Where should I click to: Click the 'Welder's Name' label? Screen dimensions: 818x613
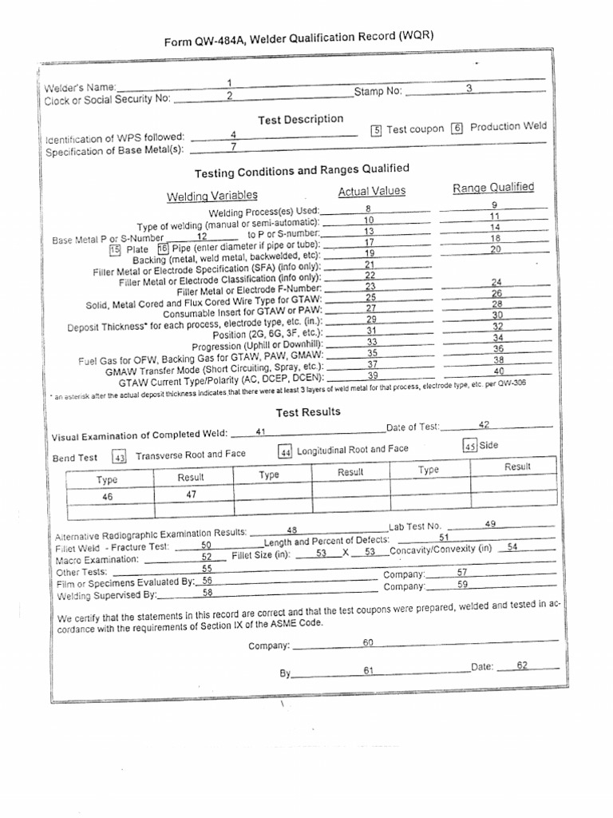pyautogui.click(x=80, y=87)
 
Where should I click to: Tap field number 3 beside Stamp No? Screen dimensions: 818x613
pyautogui.click(x=469, y=89)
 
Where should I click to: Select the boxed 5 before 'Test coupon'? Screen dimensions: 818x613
pyautogui.click(x=378, y=130)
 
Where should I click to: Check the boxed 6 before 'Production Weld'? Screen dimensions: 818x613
pyautogui.click(x=457, y=128)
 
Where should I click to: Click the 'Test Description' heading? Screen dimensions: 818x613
pyautogui.click(x=300, y=119)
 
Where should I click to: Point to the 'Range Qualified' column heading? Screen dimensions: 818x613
pyautogui.click(x=493, y=188)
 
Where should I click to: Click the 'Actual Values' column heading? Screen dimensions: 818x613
pyautogui.click(x=371, y=191)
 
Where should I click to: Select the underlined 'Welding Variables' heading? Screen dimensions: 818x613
pyautogui.click(x=212, y=196)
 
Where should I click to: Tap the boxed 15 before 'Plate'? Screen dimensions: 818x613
pyautogui.click(x=114, y=250)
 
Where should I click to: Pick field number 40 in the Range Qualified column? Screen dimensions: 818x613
pyautogui.click(x=499, y=371)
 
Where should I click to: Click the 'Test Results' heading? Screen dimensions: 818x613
pyautogui.click(x=308, y=412)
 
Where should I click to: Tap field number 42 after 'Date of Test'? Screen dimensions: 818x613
pyautogui.click(x=484, y=424)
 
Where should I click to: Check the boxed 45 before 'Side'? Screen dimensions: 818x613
pyautogui.click(x=470, y=446)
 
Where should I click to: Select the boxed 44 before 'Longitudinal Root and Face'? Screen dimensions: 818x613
pyautogui.click(x=285, y=452)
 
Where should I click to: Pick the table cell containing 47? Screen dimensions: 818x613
pyautogui.click(x=191, y=494)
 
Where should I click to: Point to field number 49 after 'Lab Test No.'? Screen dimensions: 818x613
pyautogui.click(x=490, y=523)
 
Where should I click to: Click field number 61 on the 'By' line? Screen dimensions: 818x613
pyautogui.click(x=369, y=670)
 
